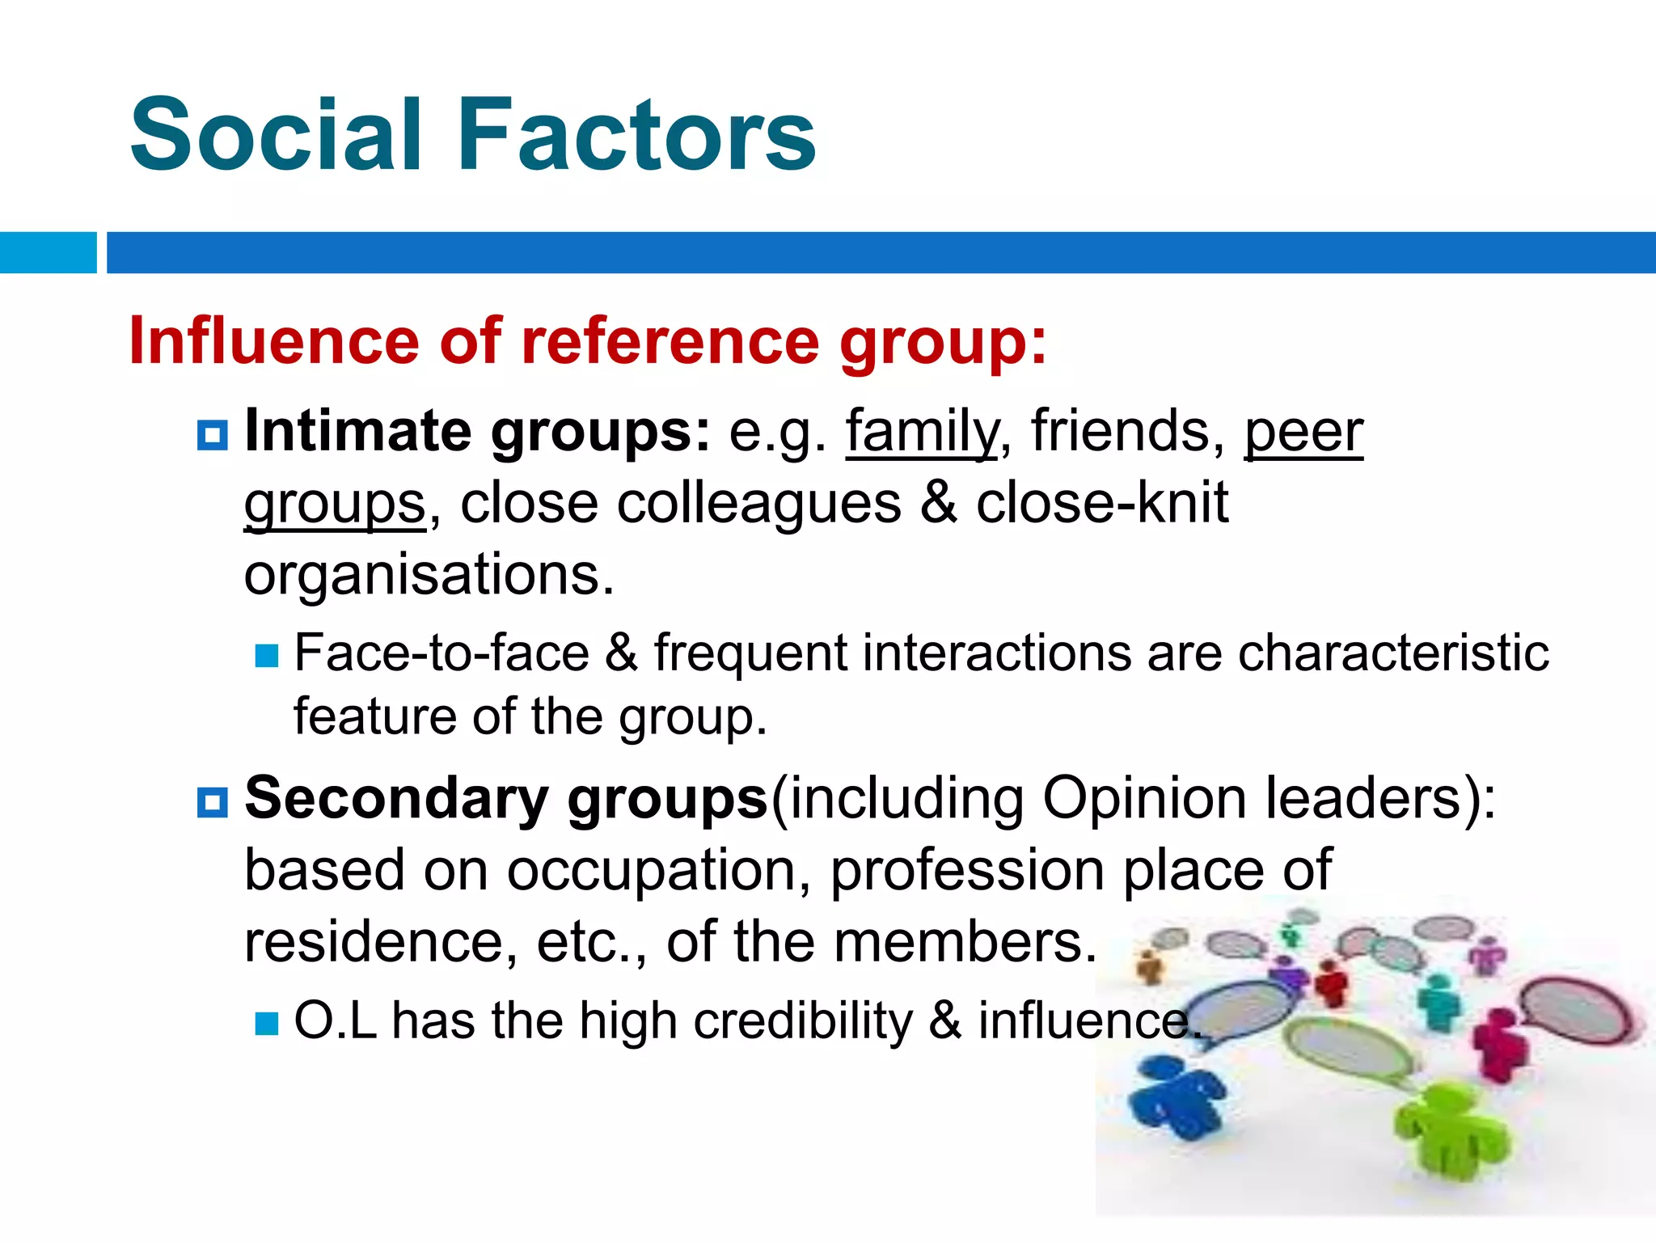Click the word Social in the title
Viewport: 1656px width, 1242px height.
(275, 135)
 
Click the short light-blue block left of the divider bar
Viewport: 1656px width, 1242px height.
(48, 252)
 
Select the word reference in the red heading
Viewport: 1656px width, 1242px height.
(670, 340)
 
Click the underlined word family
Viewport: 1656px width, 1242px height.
(922, 432)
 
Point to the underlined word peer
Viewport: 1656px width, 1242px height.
(1303, 432)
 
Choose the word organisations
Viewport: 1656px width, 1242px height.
(429, 574)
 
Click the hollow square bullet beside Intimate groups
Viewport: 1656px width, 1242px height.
(213, 435)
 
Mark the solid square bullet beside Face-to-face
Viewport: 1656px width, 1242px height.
(266, 655)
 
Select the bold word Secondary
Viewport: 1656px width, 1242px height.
(396, 799)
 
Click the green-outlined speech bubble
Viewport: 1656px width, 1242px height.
(1346, 1051)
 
